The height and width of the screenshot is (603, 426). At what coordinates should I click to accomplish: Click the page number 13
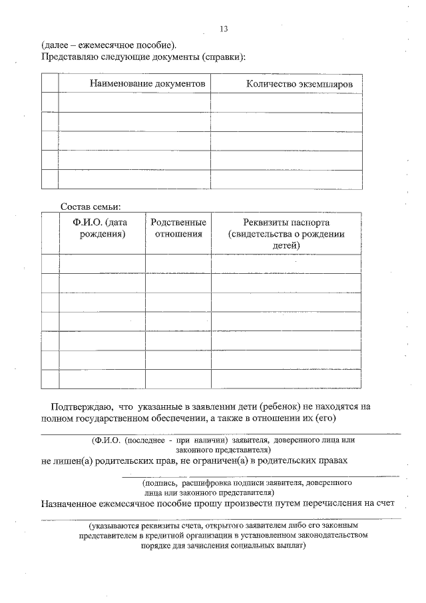(223, 29)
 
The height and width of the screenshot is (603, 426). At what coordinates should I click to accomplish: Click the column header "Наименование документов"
(147, 83)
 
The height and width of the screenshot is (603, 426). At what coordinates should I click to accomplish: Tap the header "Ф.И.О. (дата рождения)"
(103, 228)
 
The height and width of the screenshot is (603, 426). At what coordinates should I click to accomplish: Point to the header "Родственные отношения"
(178, 228)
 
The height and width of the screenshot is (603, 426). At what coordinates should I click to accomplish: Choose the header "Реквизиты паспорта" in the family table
(286, 222)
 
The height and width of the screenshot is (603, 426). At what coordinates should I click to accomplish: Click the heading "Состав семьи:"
(91, 206)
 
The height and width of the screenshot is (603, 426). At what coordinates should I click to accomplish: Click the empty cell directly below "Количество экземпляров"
(286, 102)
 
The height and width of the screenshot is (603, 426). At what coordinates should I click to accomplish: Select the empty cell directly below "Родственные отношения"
(178, 263)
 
